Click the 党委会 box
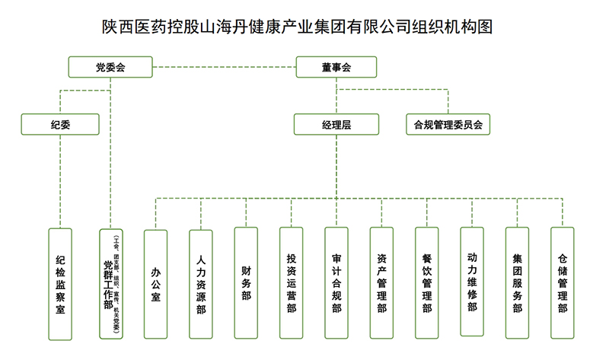coord(111,67)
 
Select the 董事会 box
coord(335,67)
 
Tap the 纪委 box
coord(60,124)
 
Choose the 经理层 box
coord(335,124)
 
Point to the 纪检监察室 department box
coord(60,284)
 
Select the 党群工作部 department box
coord(110,284)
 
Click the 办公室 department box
coord(155,284)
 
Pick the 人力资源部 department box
coord(200,284)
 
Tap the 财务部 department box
coord(245,284)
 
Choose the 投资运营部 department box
coord(291,284)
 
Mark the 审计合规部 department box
coord(336,284)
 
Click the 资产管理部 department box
coord(381,284)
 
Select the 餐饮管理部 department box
coord(426,284)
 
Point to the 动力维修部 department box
coord(472,282)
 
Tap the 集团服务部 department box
coord(517,284)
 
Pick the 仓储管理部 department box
coord(562,284)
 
